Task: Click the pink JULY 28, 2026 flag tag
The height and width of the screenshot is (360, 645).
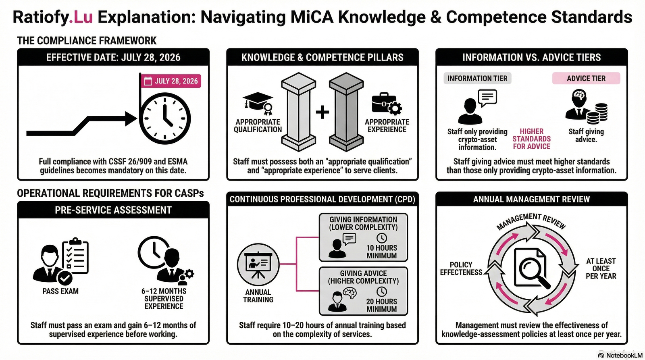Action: pyautogui.click(x=171, y=81)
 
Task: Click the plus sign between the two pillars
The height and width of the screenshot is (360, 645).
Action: pyautogui.click(x=322, y=112)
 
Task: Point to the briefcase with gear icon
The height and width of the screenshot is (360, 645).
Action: pyautogui.click(x=386, y=104)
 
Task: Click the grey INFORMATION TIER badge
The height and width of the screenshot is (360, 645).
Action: pyautogui.click(x=477, y=78)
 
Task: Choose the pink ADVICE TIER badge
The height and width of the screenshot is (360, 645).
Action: pyautogui.click(x=586, y=78)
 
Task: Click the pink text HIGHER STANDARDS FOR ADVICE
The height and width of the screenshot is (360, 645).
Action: pyautogui.click(x=531, y=139)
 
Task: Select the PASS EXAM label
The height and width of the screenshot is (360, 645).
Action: pyautogui.click(x=60, y=291)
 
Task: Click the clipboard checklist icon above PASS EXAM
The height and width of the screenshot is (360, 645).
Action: pyautogui.click(x=75, y=256)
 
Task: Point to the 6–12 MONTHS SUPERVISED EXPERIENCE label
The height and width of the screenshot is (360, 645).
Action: pyautogui.click(x=164, y=299)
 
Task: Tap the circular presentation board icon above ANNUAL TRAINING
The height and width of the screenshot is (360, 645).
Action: pyautogui.click(x=258, y=264)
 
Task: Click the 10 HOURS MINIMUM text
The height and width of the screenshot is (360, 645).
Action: pyautogui.click(x=381, y=252)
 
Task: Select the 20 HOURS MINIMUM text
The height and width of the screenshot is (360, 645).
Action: pyautogui.click(x=381, y=305)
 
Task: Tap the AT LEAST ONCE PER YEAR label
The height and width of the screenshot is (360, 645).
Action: pyautogui.click(x=601, y=268)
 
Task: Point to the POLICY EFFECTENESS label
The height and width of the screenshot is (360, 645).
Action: pyautogui.click(x=461, y=268)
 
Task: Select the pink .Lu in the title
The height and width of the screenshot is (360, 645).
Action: pyautogui.click(x=81, y=17)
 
